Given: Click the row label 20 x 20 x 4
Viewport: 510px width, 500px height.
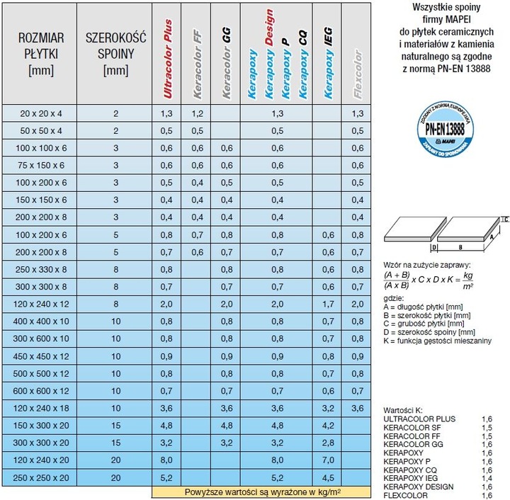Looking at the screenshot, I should click(x=41, y=113).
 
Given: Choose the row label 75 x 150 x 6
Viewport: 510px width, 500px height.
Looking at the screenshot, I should click(x=41, y=165).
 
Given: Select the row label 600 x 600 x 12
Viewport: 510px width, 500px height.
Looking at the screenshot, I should click(x=41, y=390).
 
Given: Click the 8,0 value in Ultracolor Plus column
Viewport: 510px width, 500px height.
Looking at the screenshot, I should click(x=167, y=460).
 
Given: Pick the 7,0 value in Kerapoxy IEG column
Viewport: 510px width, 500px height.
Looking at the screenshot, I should click(x=328, y=460).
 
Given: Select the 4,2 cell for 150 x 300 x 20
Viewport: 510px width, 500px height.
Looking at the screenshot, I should click(x=328, y=425).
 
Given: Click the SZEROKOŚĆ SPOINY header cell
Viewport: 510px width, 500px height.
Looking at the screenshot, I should click(x=115, y=54).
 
